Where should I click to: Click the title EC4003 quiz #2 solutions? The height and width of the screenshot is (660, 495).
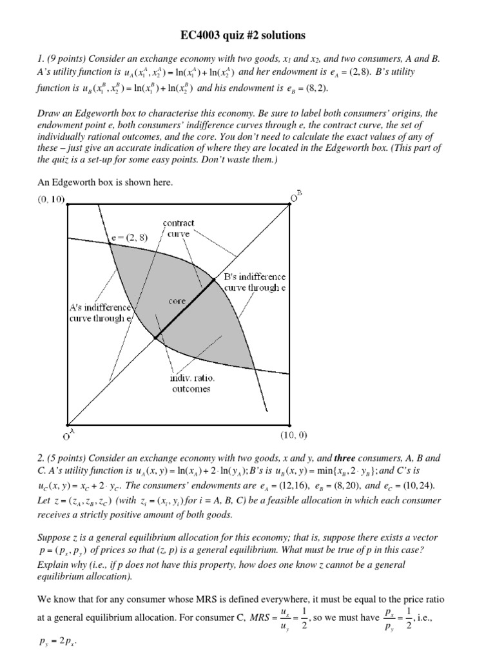pyautogui.click(x=247, y=34)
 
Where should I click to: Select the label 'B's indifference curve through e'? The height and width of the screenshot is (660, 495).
pyautogui.click(x=255, y=282)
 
